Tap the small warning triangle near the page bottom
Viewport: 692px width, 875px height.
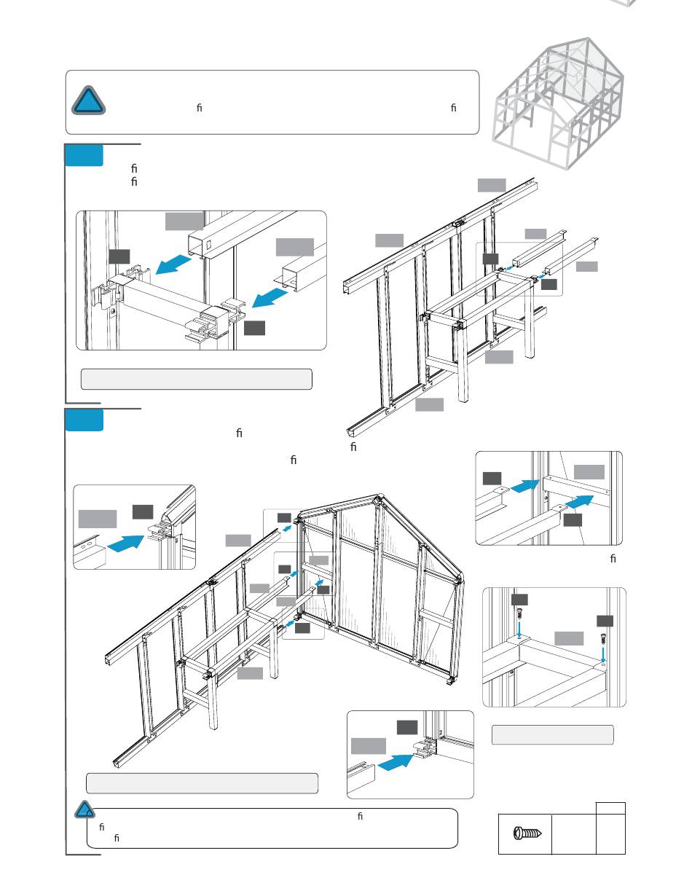[x=85, y=810]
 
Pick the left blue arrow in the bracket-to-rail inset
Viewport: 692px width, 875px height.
[x=524, y=484]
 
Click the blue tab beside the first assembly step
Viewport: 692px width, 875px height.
[x=84, y=156]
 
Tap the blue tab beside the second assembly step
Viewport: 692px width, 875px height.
[x=84, y=420]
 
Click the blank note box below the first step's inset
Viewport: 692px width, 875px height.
[x=196, y=379]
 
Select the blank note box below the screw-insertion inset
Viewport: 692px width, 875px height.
[x=552, y=735]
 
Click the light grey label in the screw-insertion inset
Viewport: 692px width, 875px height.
[x=568, y=638]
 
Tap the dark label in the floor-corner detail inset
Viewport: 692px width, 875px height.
[x=407, y=727]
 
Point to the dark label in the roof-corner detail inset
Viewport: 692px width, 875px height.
[x=142, y=511]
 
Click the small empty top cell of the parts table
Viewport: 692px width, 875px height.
[x=610, y=809]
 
